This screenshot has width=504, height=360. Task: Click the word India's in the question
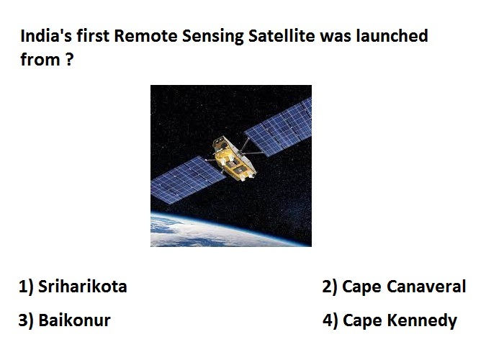[46, 35]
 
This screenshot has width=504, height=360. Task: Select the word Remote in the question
[145, 35]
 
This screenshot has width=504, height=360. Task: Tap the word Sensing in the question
[213, 36]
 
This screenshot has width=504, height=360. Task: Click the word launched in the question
[392, 35]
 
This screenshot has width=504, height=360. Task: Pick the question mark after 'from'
[69, 60]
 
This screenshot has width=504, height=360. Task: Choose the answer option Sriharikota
[83, 286]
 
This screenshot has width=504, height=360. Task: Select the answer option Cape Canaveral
[404, 287]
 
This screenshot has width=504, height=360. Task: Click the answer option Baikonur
[74, 320]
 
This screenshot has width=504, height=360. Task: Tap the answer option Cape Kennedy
[400, 321]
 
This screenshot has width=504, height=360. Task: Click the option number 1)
[26, 287]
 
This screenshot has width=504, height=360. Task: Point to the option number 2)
[330, 287]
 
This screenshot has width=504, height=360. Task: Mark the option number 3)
[26, 320]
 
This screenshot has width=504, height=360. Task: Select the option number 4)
[330, 320]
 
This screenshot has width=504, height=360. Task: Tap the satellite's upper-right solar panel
[279, 127]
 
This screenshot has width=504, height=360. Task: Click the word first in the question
[93, 35]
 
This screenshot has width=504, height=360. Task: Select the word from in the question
[40, 60]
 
